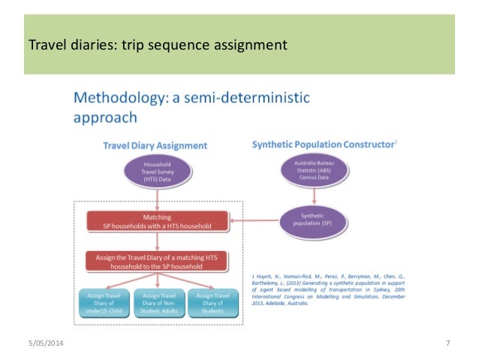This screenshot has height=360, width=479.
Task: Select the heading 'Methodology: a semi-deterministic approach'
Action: (x=192, y=107)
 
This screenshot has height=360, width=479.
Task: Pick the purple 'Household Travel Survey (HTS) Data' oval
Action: (x=158, y=174)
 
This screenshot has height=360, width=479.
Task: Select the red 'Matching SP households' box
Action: (x=157, y=221)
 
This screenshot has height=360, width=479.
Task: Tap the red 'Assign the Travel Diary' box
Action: (x=157, y=260)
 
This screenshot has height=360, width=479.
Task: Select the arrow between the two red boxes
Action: (x=158, y=241)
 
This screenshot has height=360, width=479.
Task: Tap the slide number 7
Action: (x=447, y=344)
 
